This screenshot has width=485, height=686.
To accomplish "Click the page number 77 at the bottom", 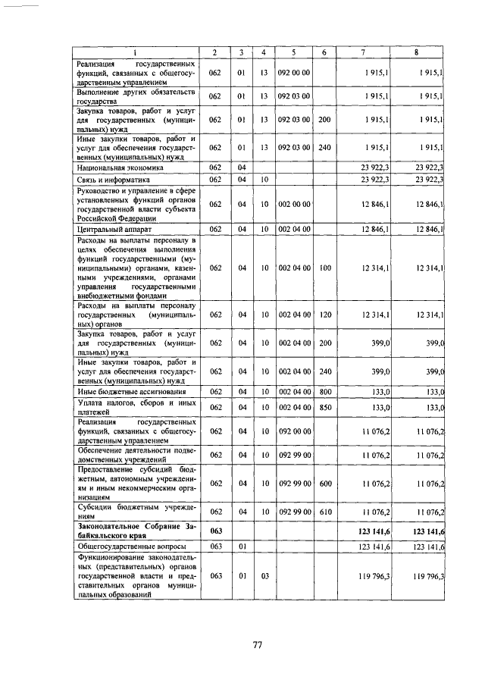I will click(x=257, y=646).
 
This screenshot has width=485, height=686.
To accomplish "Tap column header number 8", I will click(x=416, y=52).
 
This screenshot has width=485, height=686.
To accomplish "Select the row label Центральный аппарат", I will click(x=108, y=227).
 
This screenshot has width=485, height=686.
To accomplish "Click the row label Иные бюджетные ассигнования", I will click(x=121, y=391).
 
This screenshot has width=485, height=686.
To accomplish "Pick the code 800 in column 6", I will click(x=324, y=391).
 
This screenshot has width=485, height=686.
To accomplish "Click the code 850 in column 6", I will click(x=324, y=407).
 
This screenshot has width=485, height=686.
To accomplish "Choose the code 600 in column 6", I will click(x=324, y=483).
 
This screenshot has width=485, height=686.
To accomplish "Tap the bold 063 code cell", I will click(x=215, y=529).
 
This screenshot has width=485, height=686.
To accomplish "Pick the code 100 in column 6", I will click(x=324, y=268).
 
